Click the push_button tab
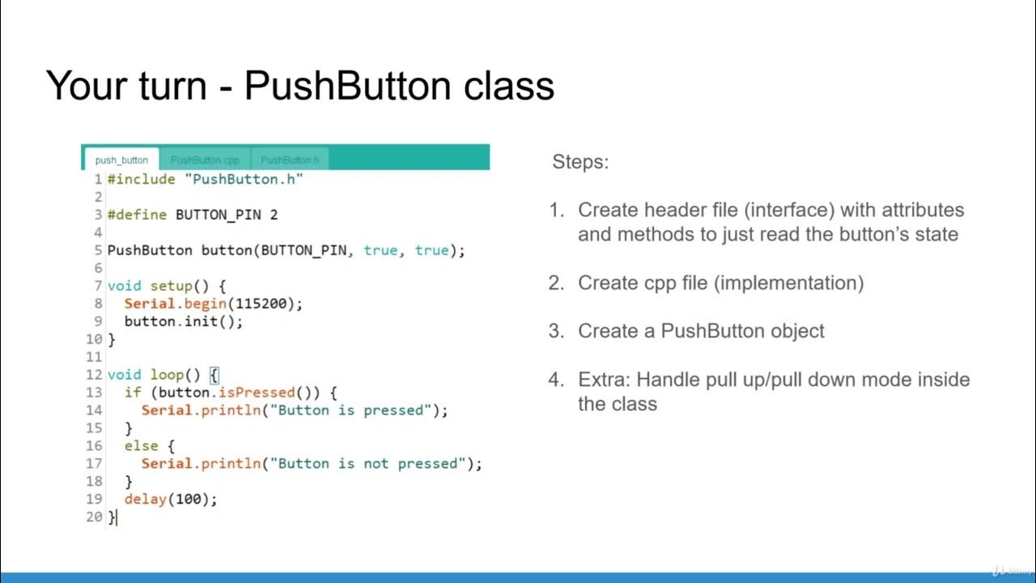tap(121, 160)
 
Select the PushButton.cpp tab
tap(205, 160)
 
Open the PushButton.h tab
tap(290, 160)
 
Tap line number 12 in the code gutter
tap(94, 375)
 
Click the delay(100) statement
tap(170, 500)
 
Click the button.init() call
tap(183, 321)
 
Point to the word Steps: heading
tap(580, 162)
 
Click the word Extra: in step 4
tap(604, 380)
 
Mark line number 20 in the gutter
tap(94, 517)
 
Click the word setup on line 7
tap(171, 286)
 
